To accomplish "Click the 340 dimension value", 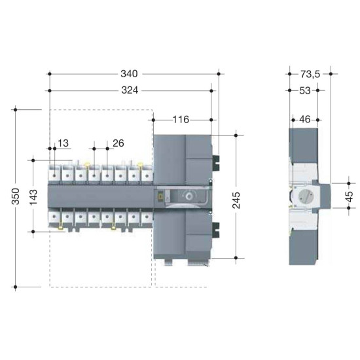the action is pyautogui.click(x=129, y=74).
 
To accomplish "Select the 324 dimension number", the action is pyautogui.click(x=130, y=90).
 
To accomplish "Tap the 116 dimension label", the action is pyautogui.click(x=181, y=120).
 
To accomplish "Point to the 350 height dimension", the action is pyautogui.click(x=16, y=196).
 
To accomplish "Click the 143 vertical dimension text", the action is pyautogui.click(x=33, y=197).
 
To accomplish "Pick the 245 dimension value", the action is pyautogui.click(x=236, y=200).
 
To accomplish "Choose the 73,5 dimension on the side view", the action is pyautogui.click(x=310, y=74).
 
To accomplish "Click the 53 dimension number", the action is pyautogui.click(x=305, y=91).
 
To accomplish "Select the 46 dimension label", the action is pyautogui.click(x=305, y=119).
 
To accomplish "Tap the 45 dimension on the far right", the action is pyautogui.click(x=349, y=196).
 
